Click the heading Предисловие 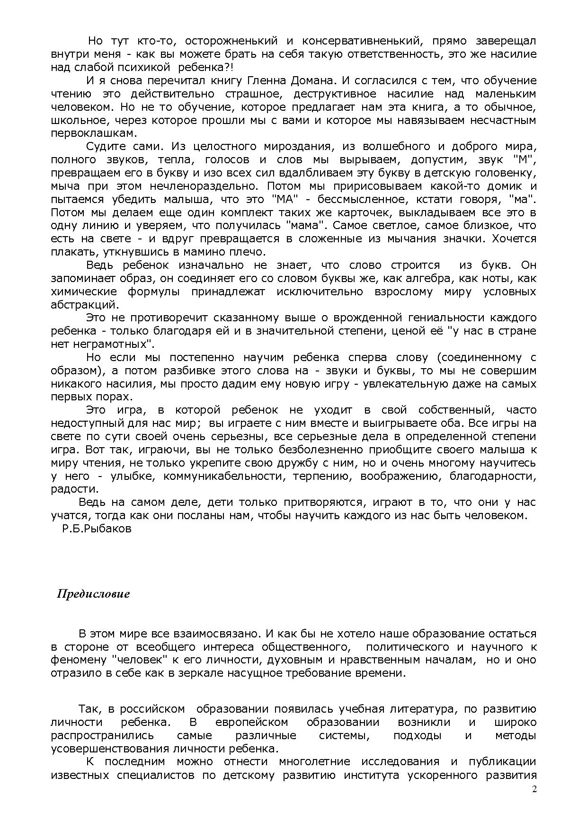(x=93, y=593)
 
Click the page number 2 (x=534, y=789)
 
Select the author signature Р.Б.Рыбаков (x=96, y=529)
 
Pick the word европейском (x=251, y=723)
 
